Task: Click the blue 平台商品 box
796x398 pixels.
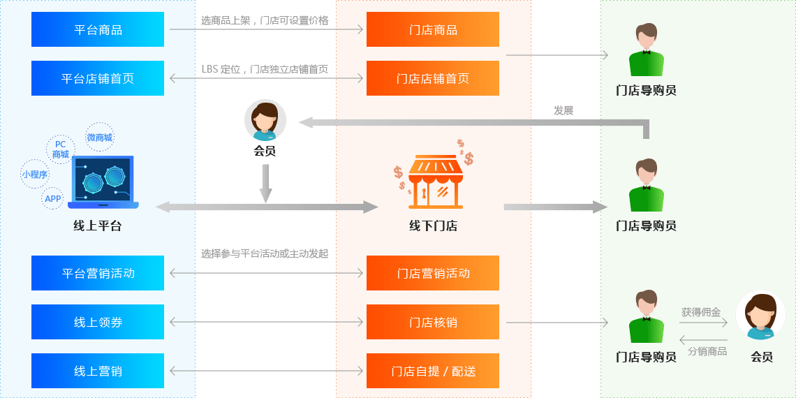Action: click(x=98, y=29)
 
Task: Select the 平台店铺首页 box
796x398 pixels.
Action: click(x=98, y=78)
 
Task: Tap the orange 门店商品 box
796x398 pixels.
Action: click(x=433, y=29)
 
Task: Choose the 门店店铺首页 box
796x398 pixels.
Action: click(x=433, y=78)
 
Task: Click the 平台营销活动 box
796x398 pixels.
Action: click(x=98, y=273)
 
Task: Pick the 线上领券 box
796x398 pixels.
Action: click(x=98, y=322)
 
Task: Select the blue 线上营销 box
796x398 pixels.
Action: click(x=98, y=371)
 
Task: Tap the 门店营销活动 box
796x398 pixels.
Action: click(x=433, y=273)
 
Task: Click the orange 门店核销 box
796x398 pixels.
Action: click(x=433, y=322)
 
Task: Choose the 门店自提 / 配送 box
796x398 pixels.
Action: click(x=433, y=371)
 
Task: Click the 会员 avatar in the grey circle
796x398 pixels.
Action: click(x=265, y=120)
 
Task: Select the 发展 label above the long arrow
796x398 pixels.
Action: click(x=563, y=110)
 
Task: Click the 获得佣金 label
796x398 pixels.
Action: click(x=701, y=312)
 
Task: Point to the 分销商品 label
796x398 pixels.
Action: click(x=707, y=351)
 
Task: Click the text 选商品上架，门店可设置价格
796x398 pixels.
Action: click(x=265, y=20)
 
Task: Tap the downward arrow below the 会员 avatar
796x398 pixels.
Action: click(x=265, y=183)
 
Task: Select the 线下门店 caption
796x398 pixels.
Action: click(x=433, y=226)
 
